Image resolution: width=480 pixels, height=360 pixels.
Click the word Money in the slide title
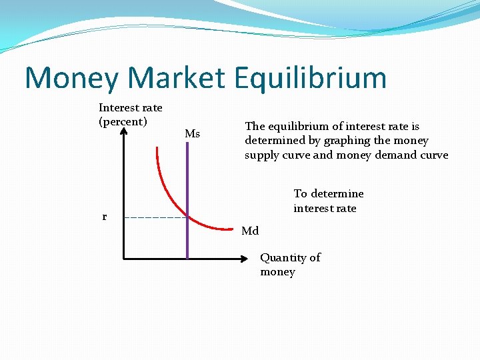[72, 77]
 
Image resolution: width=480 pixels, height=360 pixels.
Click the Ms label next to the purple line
[192, 134]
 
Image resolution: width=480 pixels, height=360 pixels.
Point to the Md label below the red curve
[250, 231]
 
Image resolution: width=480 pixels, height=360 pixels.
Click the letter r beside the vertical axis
[104, 217]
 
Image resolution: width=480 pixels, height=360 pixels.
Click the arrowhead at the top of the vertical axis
[124, 131]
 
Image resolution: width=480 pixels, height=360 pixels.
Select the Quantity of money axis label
[290, 265]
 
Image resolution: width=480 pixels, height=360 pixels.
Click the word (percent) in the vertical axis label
[123, 122]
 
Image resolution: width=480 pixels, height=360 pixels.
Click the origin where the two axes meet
[124, 258]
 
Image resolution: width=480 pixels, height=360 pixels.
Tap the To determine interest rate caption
[328, 201]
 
